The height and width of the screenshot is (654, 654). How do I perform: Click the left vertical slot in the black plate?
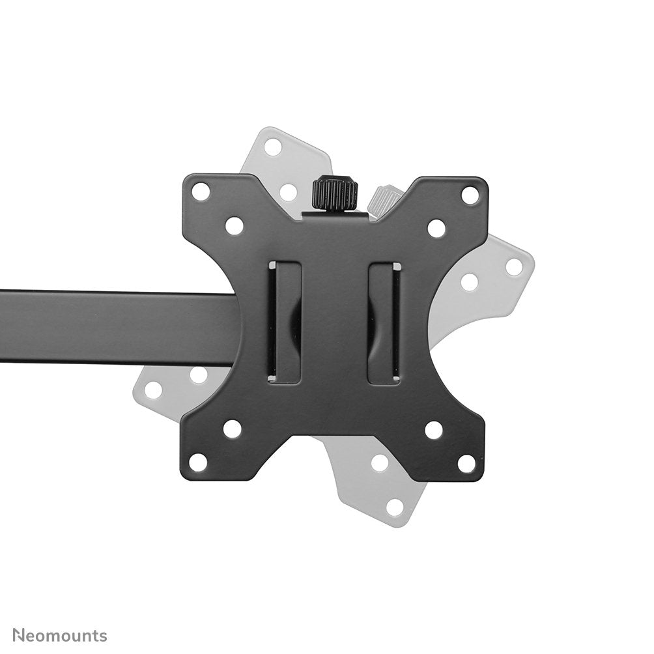[x=285, y=322]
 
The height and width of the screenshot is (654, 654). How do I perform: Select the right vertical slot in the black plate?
[x=384, y=322]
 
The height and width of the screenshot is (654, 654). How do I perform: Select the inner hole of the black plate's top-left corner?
[x=235, y=225]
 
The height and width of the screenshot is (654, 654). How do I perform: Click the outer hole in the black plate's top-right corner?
[x=470, y=194]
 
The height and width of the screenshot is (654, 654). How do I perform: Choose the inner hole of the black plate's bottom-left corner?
[x=233, y=429]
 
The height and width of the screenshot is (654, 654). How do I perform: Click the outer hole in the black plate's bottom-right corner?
[x=466, y=463]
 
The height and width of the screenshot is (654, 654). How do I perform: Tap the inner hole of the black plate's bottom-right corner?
[x=433, y=430]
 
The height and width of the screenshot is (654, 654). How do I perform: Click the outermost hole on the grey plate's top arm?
[x=274, y=147]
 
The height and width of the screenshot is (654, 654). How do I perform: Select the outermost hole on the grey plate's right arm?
[x=515, y=266]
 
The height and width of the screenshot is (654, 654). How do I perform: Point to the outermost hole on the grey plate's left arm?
[x=154, y=390]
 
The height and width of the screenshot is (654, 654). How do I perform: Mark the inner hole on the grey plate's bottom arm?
[x=380, y=462]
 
